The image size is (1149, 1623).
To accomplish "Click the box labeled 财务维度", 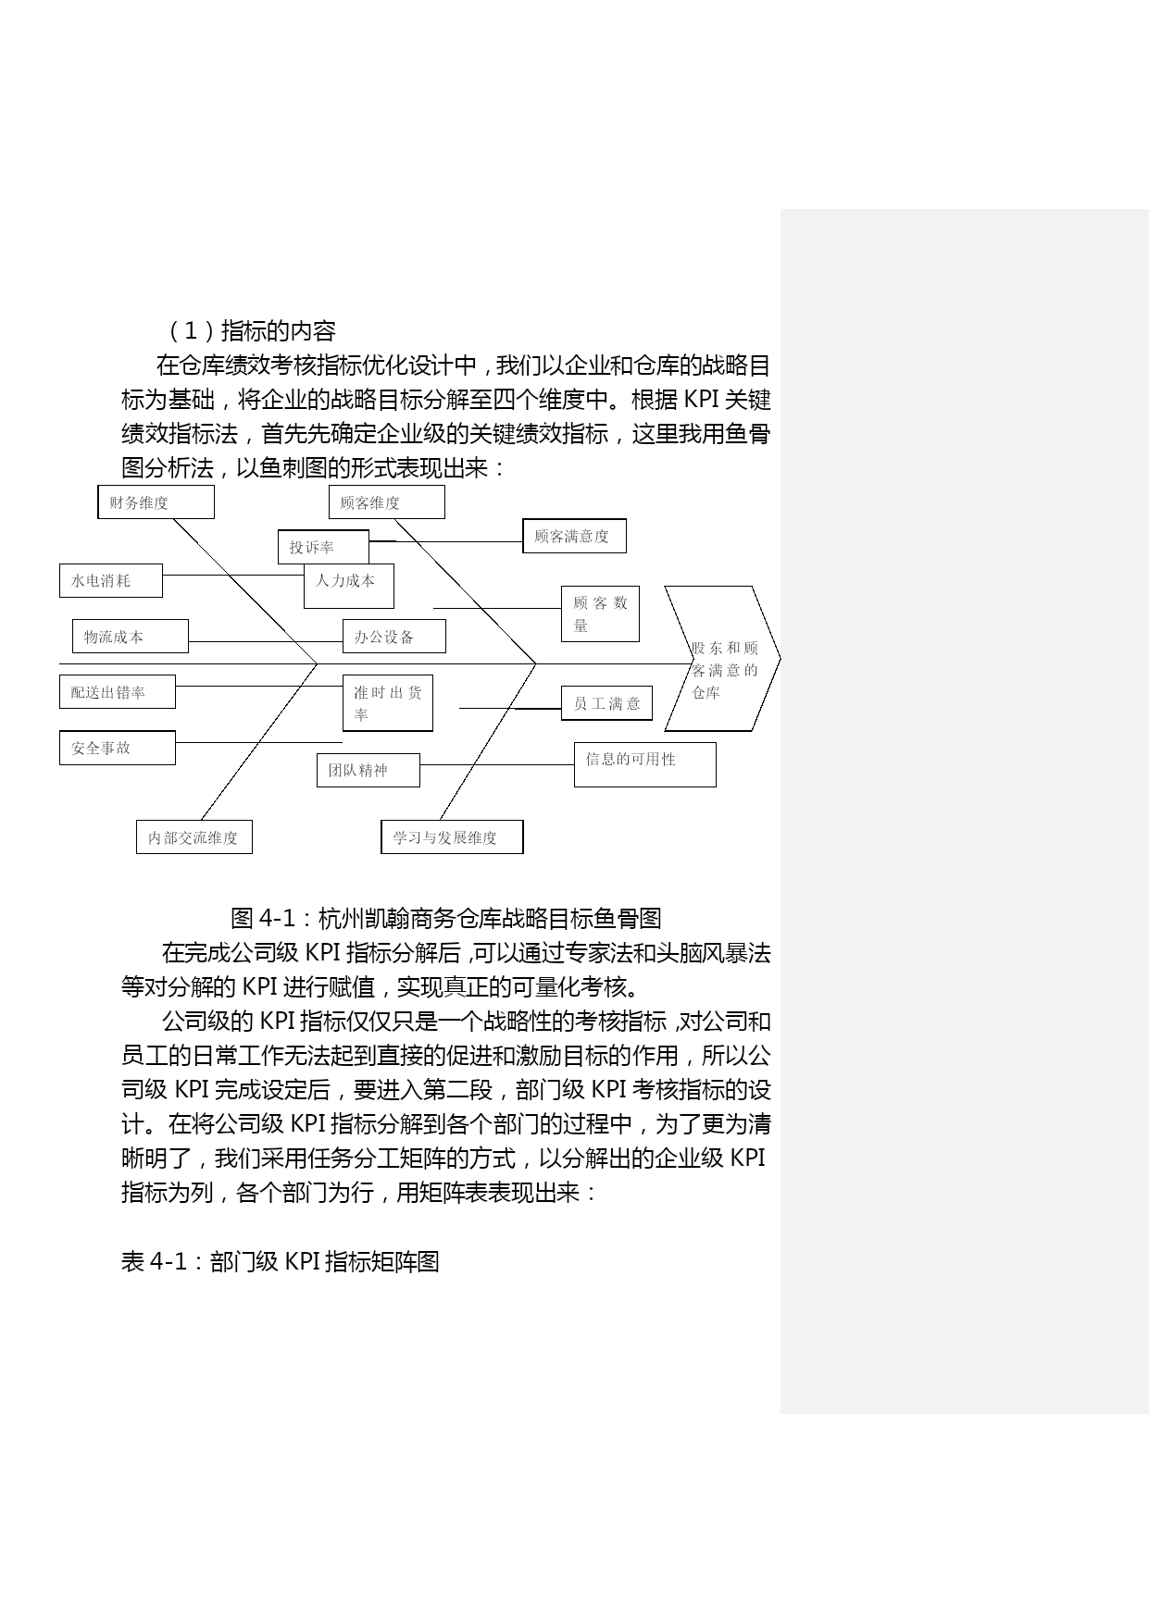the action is click(x=156, y=502).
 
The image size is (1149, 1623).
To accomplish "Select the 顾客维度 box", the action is click(x=386, y=502).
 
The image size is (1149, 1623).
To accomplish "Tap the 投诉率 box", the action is click(x=323, y=547).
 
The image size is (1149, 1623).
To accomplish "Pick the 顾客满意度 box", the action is click(x=574, y=536).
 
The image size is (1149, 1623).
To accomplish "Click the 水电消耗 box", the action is click(x=111, y=580).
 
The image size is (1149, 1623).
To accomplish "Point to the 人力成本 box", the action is click(x=349, y=586).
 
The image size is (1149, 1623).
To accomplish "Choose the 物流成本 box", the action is click(x=131, y=637).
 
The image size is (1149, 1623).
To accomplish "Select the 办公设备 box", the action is click(x=393, y=637).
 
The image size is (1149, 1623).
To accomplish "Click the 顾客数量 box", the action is click(x=600, y=613).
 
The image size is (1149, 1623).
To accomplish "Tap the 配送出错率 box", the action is click(x=118, y=692).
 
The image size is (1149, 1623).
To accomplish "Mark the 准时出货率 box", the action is click(x=388, y=703).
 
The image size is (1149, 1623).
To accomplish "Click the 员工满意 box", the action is click(x=606, y=703).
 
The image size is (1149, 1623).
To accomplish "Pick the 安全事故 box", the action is click(x=118, y=748).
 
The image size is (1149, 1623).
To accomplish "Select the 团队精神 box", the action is click(x=368, y=770).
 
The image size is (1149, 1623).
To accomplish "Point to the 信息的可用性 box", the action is click(x=645, y=764).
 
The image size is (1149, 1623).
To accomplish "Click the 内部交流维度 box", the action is click(x=194, y=836).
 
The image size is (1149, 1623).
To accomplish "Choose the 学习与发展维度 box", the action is click(x=452, y=836).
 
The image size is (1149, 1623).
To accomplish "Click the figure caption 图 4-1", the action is click(x=446, y=918).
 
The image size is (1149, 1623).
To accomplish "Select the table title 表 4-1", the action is click(x=281, y=1261).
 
